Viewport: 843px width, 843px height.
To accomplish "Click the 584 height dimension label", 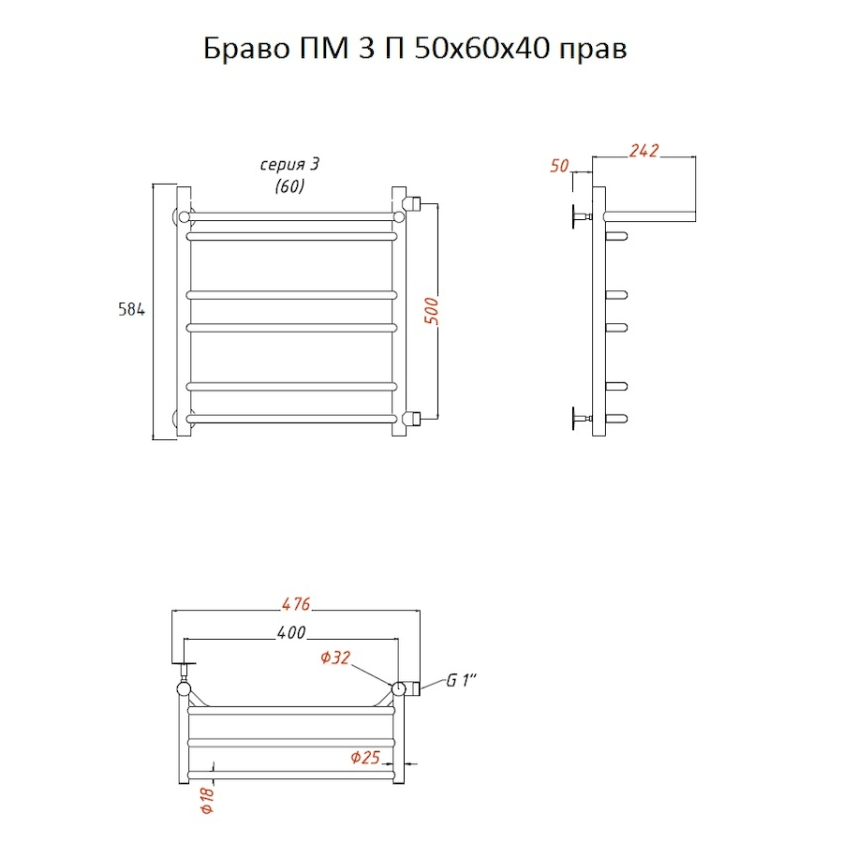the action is click(x=132, y=310).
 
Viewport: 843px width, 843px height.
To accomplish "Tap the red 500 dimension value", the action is click(x=432, y=311).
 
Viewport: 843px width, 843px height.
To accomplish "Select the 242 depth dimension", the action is click(x=643, y=151).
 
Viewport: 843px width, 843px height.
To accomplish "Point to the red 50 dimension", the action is click(x=559, y=166).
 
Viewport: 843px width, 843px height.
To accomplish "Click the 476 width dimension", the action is click(x=296, y=604).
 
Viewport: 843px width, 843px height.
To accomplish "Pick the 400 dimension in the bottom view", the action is click(x=291, y=633).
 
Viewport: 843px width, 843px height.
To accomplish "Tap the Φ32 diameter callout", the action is click(x=335, y=658).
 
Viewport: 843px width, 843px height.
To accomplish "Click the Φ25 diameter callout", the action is click(x=365, y=758).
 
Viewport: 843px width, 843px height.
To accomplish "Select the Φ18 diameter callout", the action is click(x=208, y=800).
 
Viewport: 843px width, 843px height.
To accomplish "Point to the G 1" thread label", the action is click(x=461, y=681).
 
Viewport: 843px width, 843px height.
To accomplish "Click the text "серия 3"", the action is click(x=289, y=164).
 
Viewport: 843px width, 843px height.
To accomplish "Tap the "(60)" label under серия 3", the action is click(x=289, y=186).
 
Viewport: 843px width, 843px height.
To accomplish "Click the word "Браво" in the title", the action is click(x=246, y=49).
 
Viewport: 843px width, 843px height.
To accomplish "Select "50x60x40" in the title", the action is click(x=482, y=49).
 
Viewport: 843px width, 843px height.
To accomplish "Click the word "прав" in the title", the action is click(x=594, y=51).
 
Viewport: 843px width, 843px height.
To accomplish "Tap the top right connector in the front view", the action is click(x=414, y=204).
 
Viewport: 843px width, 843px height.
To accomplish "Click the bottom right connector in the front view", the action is click(x=414, y=419).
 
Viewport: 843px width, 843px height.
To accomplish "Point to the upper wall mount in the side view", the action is click(x=582, y=216).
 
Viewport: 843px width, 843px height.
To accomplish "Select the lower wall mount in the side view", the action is click(x=582, y=419).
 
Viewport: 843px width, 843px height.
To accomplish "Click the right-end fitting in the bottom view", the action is click(x=413, y=688).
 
